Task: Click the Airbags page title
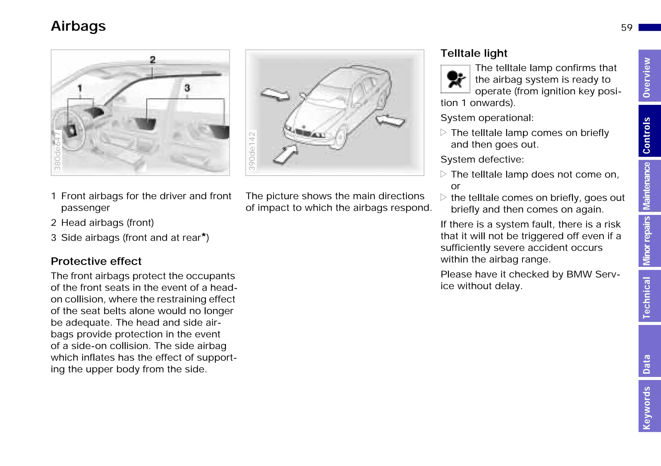(x=78, y=26)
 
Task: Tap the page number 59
(x=626, y=28)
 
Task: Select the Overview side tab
(x=649, y=76)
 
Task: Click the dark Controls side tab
(x=649, y=131)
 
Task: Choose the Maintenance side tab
(x=649, y=186)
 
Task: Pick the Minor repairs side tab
(x=649, y=241)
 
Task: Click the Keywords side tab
(x=649, y=406)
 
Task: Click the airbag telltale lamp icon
(x=455, y=79)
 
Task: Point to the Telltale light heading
(x=474, y=53)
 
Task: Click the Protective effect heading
(x=96, y=261)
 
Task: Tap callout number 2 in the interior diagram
(x=153, y=60)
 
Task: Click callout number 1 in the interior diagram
(x=80, y=88)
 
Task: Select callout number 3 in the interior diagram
(x=187, y=88)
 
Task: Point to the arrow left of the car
(x=275, y=95)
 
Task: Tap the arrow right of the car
(x=391, y=121)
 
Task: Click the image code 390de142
(x=252, y=151)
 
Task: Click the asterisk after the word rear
(x=204, y=236)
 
